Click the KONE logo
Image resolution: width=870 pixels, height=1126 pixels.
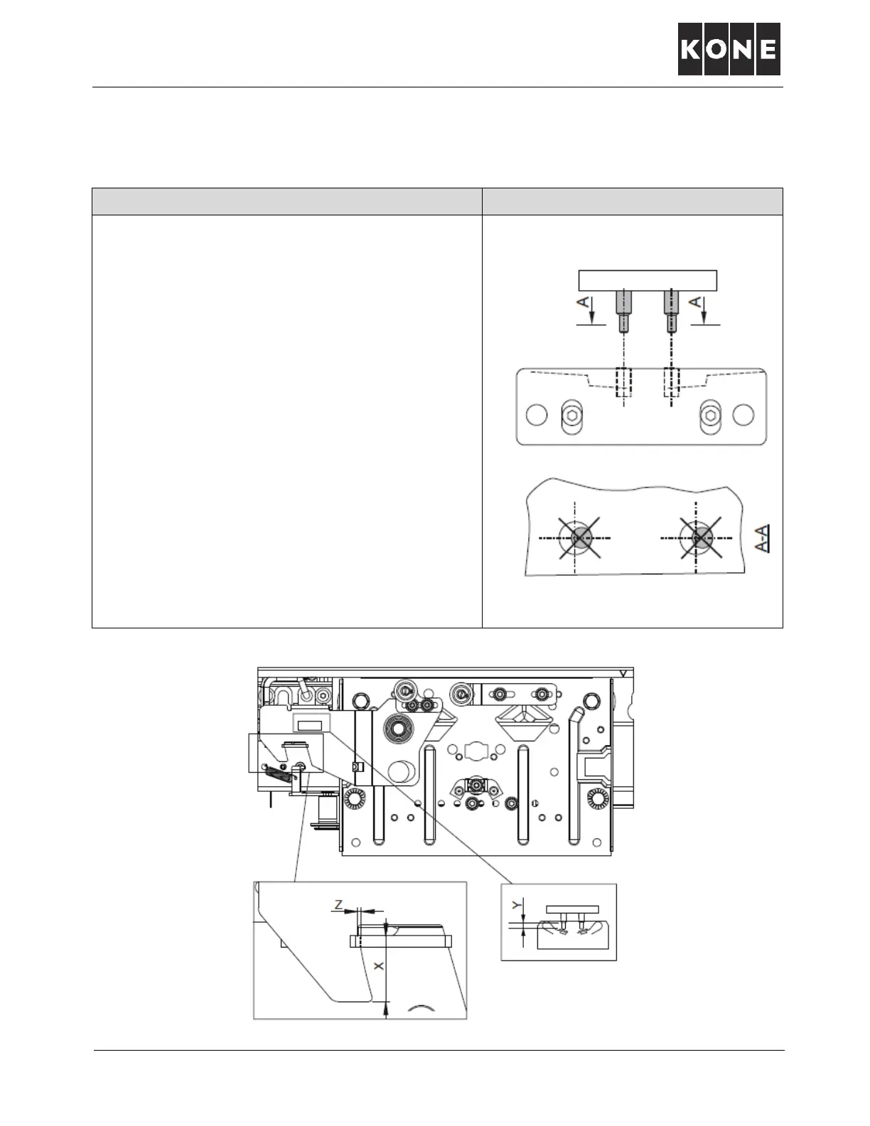pyautogui.click(x=729, y=49)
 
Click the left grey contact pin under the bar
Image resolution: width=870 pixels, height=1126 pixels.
pyautogui.click(x=623, y=310)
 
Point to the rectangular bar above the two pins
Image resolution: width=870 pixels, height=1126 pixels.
pyautogui.click(x=647, y=280)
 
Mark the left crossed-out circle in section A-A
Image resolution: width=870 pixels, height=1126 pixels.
pyautogui.click(x=579, y=538)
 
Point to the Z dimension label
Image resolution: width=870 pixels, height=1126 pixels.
pyautogui.click(x=340, y=904)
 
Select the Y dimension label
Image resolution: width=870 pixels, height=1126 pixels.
pyautogui.click(x=517, y=906)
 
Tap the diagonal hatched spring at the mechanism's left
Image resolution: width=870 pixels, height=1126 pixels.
pyautogui.click(x=279, y=775)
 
